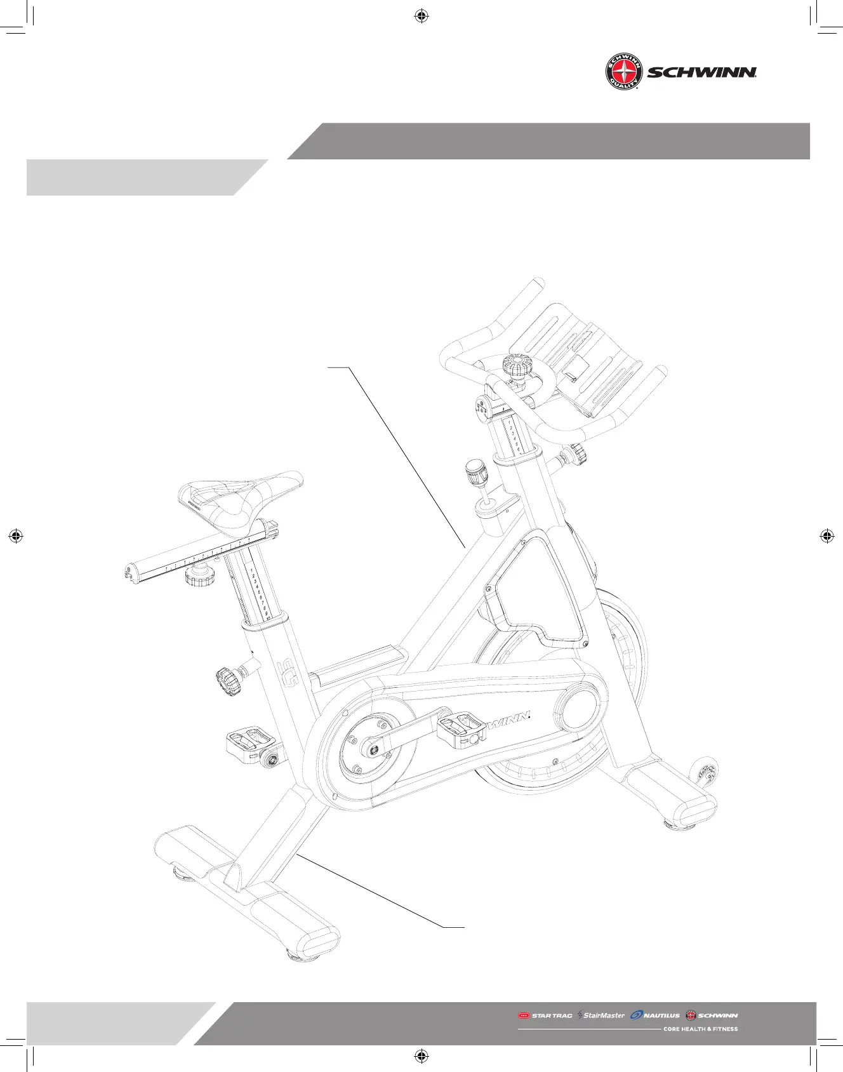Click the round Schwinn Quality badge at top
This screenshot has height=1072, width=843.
coord(623,72)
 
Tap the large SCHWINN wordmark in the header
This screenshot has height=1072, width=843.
coord(701,72)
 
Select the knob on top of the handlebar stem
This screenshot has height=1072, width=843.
coord(515,366)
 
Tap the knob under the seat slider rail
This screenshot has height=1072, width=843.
coord(199,577)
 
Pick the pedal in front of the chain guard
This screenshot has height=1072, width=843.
coord(461,728)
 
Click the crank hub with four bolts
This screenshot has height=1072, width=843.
coord(369,749)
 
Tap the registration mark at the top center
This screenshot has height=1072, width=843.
coord(421,17)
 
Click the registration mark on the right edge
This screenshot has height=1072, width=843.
coord(826,536)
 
